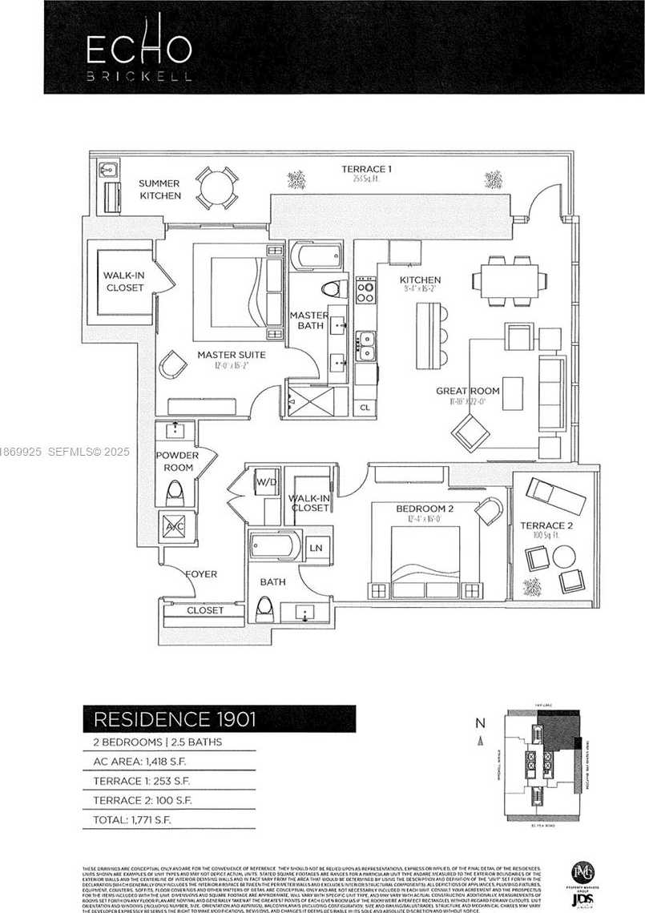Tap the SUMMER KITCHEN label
point(160,189)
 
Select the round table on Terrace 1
point(217,188)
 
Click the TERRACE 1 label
point(366,169)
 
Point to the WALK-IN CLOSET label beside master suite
point(123,282)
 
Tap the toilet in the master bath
point(330,290)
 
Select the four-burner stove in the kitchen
point(365,290)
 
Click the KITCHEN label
point(421,280)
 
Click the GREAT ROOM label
point(467,391)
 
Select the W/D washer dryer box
point(265,483)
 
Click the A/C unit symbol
point(175,528)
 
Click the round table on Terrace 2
point(564,556)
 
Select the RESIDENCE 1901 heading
point(175,718)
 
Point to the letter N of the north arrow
point(480,722)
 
